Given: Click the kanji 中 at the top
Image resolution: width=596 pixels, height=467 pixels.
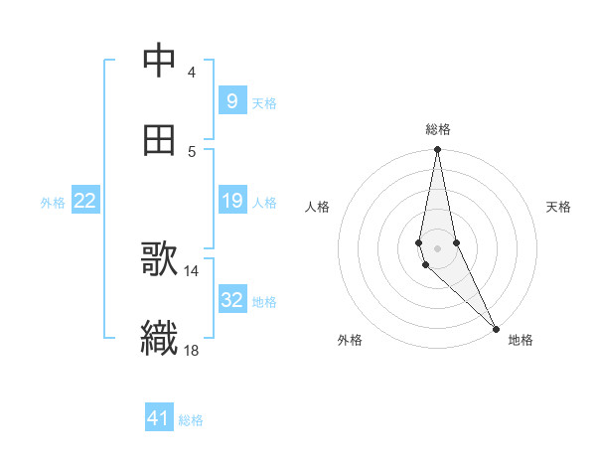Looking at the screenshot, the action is (160, 61).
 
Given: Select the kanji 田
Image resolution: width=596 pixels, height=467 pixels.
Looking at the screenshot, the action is (160, 141).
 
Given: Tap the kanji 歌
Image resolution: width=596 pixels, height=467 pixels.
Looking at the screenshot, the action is (160, 260).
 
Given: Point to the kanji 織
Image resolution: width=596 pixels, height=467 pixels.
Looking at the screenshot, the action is (160, 337).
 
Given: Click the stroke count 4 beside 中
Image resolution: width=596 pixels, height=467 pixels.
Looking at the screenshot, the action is (191, 73).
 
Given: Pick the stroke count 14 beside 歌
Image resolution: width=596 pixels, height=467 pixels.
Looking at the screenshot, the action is (192, 270).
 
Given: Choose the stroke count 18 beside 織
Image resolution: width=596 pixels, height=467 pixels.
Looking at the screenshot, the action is (192, 349).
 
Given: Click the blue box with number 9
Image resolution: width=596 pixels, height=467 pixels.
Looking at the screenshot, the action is (231, 100).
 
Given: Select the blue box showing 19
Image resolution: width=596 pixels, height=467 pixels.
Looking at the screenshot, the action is (231, 201).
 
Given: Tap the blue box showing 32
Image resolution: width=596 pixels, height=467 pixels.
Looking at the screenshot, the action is (231, 299).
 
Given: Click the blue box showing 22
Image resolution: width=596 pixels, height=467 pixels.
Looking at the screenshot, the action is (85, 201).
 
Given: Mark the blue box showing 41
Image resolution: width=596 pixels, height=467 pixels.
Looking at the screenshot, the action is (159, 418).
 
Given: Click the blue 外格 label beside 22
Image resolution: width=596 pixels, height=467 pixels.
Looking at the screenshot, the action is (53, 203).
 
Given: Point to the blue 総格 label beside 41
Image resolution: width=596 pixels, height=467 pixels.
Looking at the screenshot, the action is (191, 420).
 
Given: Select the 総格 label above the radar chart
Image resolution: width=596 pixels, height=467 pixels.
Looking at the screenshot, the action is (438, 129).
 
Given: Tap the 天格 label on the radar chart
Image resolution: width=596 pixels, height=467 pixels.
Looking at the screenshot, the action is (559, 207).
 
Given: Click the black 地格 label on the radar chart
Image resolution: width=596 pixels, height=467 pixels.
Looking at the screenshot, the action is (521, 340).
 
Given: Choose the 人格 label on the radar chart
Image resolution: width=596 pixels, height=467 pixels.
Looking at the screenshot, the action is (318, 207).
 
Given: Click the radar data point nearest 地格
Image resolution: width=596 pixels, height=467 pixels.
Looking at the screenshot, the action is (496, 328).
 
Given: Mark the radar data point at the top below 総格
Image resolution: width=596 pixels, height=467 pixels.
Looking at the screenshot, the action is (437, 150).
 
